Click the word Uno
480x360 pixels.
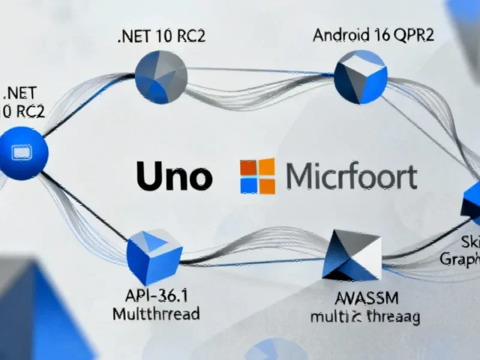click(x=175, y=176)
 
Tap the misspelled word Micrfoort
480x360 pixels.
click(x=351, y=177)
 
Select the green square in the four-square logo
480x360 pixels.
click(x=266, y=167)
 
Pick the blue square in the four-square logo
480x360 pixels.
click(x=248, y=185)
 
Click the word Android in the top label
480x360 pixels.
click(x=338, y=35)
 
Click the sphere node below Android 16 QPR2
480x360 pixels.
click(x=360, y=77)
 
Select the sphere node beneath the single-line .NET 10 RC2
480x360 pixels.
click(x=161, y=77)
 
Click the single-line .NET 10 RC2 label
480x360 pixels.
click(x=161, y=36)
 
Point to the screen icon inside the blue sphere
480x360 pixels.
click(x=22, y=154)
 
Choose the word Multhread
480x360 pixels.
click(x=157, y=313)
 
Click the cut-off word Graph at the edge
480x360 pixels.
click(x=460, y=259)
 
